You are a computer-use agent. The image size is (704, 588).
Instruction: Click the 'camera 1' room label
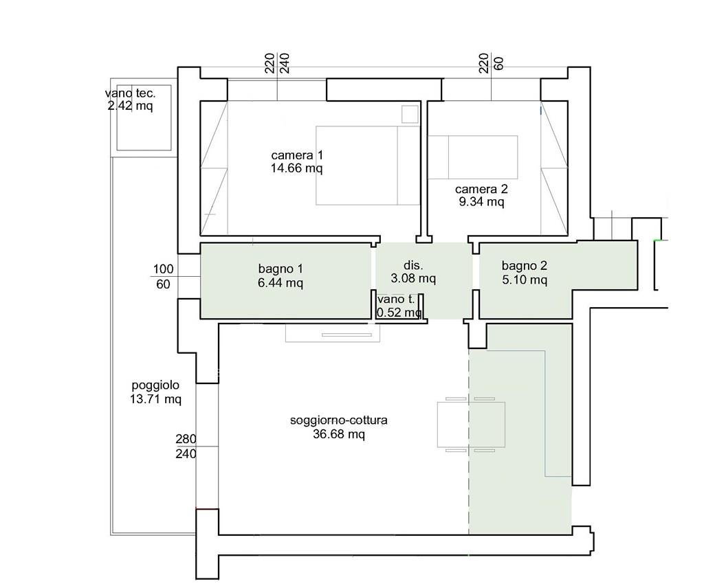coord(297,155)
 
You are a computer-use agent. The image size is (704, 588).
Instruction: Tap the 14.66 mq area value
coord(297,168)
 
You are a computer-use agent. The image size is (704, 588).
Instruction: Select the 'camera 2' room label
coord(481,189)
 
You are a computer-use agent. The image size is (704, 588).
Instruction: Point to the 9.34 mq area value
coord(481,202)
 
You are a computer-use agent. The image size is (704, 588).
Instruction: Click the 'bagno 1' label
coord(280,269)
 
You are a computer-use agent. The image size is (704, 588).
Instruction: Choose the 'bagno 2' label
coord(525,266)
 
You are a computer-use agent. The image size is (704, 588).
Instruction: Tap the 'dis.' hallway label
coord(413,265)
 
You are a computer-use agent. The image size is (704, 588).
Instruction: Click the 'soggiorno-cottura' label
coord(339,420)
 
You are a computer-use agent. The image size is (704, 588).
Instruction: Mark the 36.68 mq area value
coord(339,434)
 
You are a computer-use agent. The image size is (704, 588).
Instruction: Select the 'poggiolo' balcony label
coord(155,385)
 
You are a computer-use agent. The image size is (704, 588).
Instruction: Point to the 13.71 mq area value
coord(155,398)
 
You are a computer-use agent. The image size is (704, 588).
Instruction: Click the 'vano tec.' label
coord(130,93)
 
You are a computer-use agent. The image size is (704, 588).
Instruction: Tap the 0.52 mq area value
coord(399,312)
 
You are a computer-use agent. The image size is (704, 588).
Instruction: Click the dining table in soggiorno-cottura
coord(471,425)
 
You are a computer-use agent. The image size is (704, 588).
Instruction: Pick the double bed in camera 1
coord(368,165)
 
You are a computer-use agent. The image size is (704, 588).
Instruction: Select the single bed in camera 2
coord(473,157)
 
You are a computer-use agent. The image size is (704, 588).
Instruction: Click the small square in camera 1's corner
coord(410,114)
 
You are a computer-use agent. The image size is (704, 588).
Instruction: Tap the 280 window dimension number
coord(186,439)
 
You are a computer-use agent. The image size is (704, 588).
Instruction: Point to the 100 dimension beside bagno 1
coord(163,269)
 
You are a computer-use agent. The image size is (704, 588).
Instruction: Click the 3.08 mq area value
coord(413,278)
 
